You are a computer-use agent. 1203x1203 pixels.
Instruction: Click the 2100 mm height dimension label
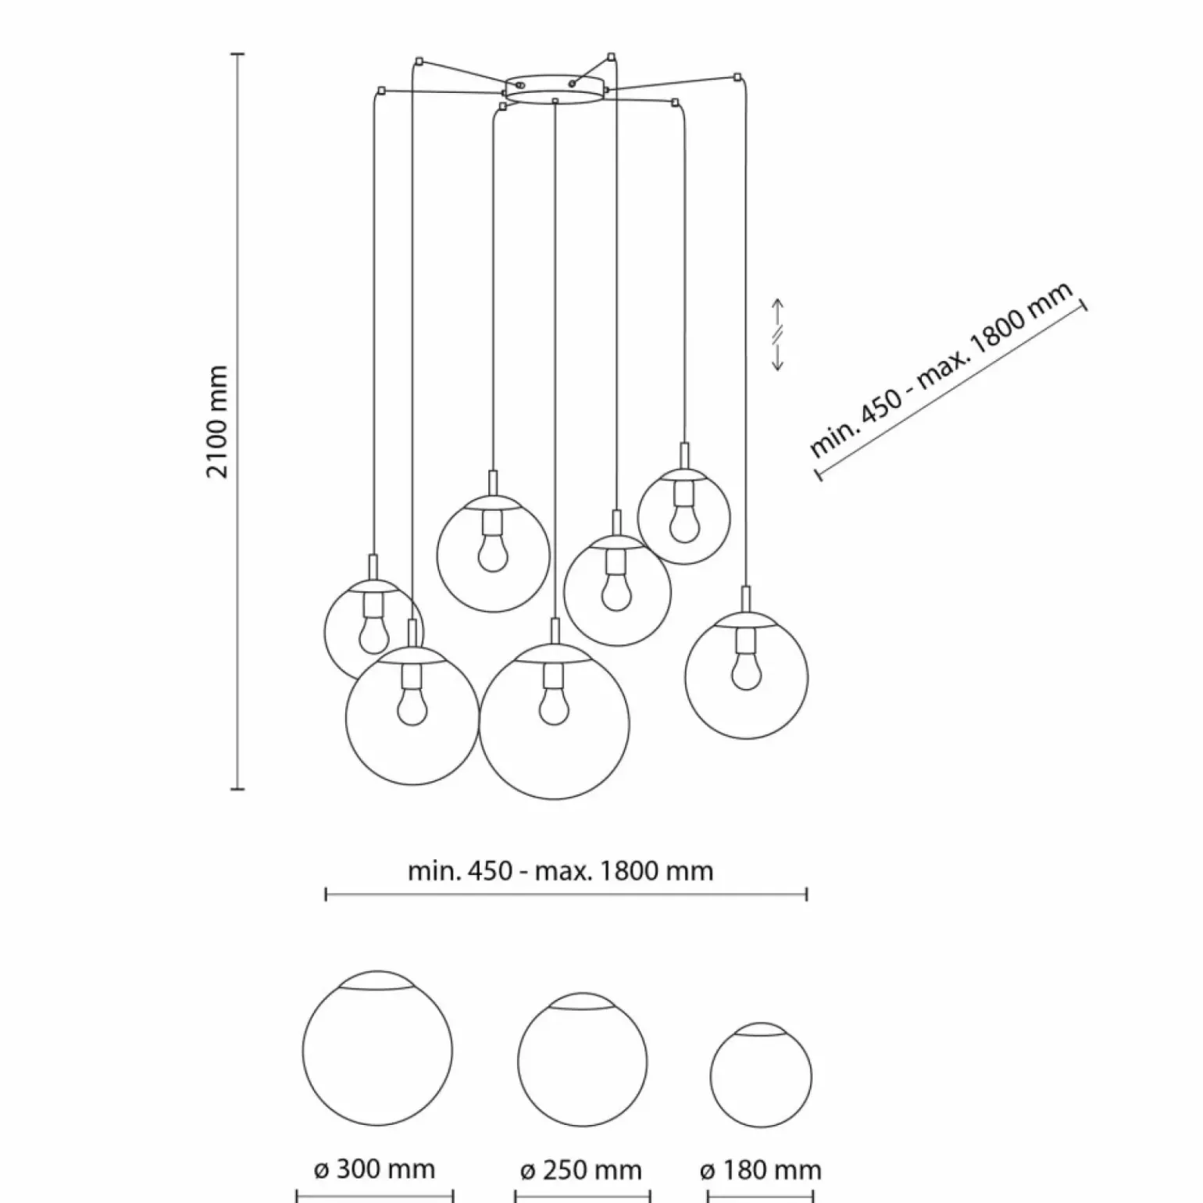click(218, 421)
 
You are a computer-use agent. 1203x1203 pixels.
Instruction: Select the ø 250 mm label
click(581, 1170)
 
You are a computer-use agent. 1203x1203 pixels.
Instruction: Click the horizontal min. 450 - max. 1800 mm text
click(560, 871)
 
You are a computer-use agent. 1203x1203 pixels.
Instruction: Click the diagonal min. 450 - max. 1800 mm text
click(941, 372)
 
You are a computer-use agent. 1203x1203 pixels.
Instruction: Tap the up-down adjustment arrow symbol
click(778, 334)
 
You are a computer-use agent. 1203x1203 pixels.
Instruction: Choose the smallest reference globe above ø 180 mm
click(761, 1075)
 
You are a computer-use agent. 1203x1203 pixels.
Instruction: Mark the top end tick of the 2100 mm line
click(238, 55)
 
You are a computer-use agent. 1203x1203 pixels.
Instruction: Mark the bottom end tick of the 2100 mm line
click(238, 789)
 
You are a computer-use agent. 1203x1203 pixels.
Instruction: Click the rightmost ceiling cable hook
click(737, 77)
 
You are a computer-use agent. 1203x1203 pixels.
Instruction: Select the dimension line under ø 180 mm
click(760, 1196)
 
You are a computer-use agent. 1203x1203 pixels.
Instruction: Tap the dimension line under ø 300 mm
click(375, 1196)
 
